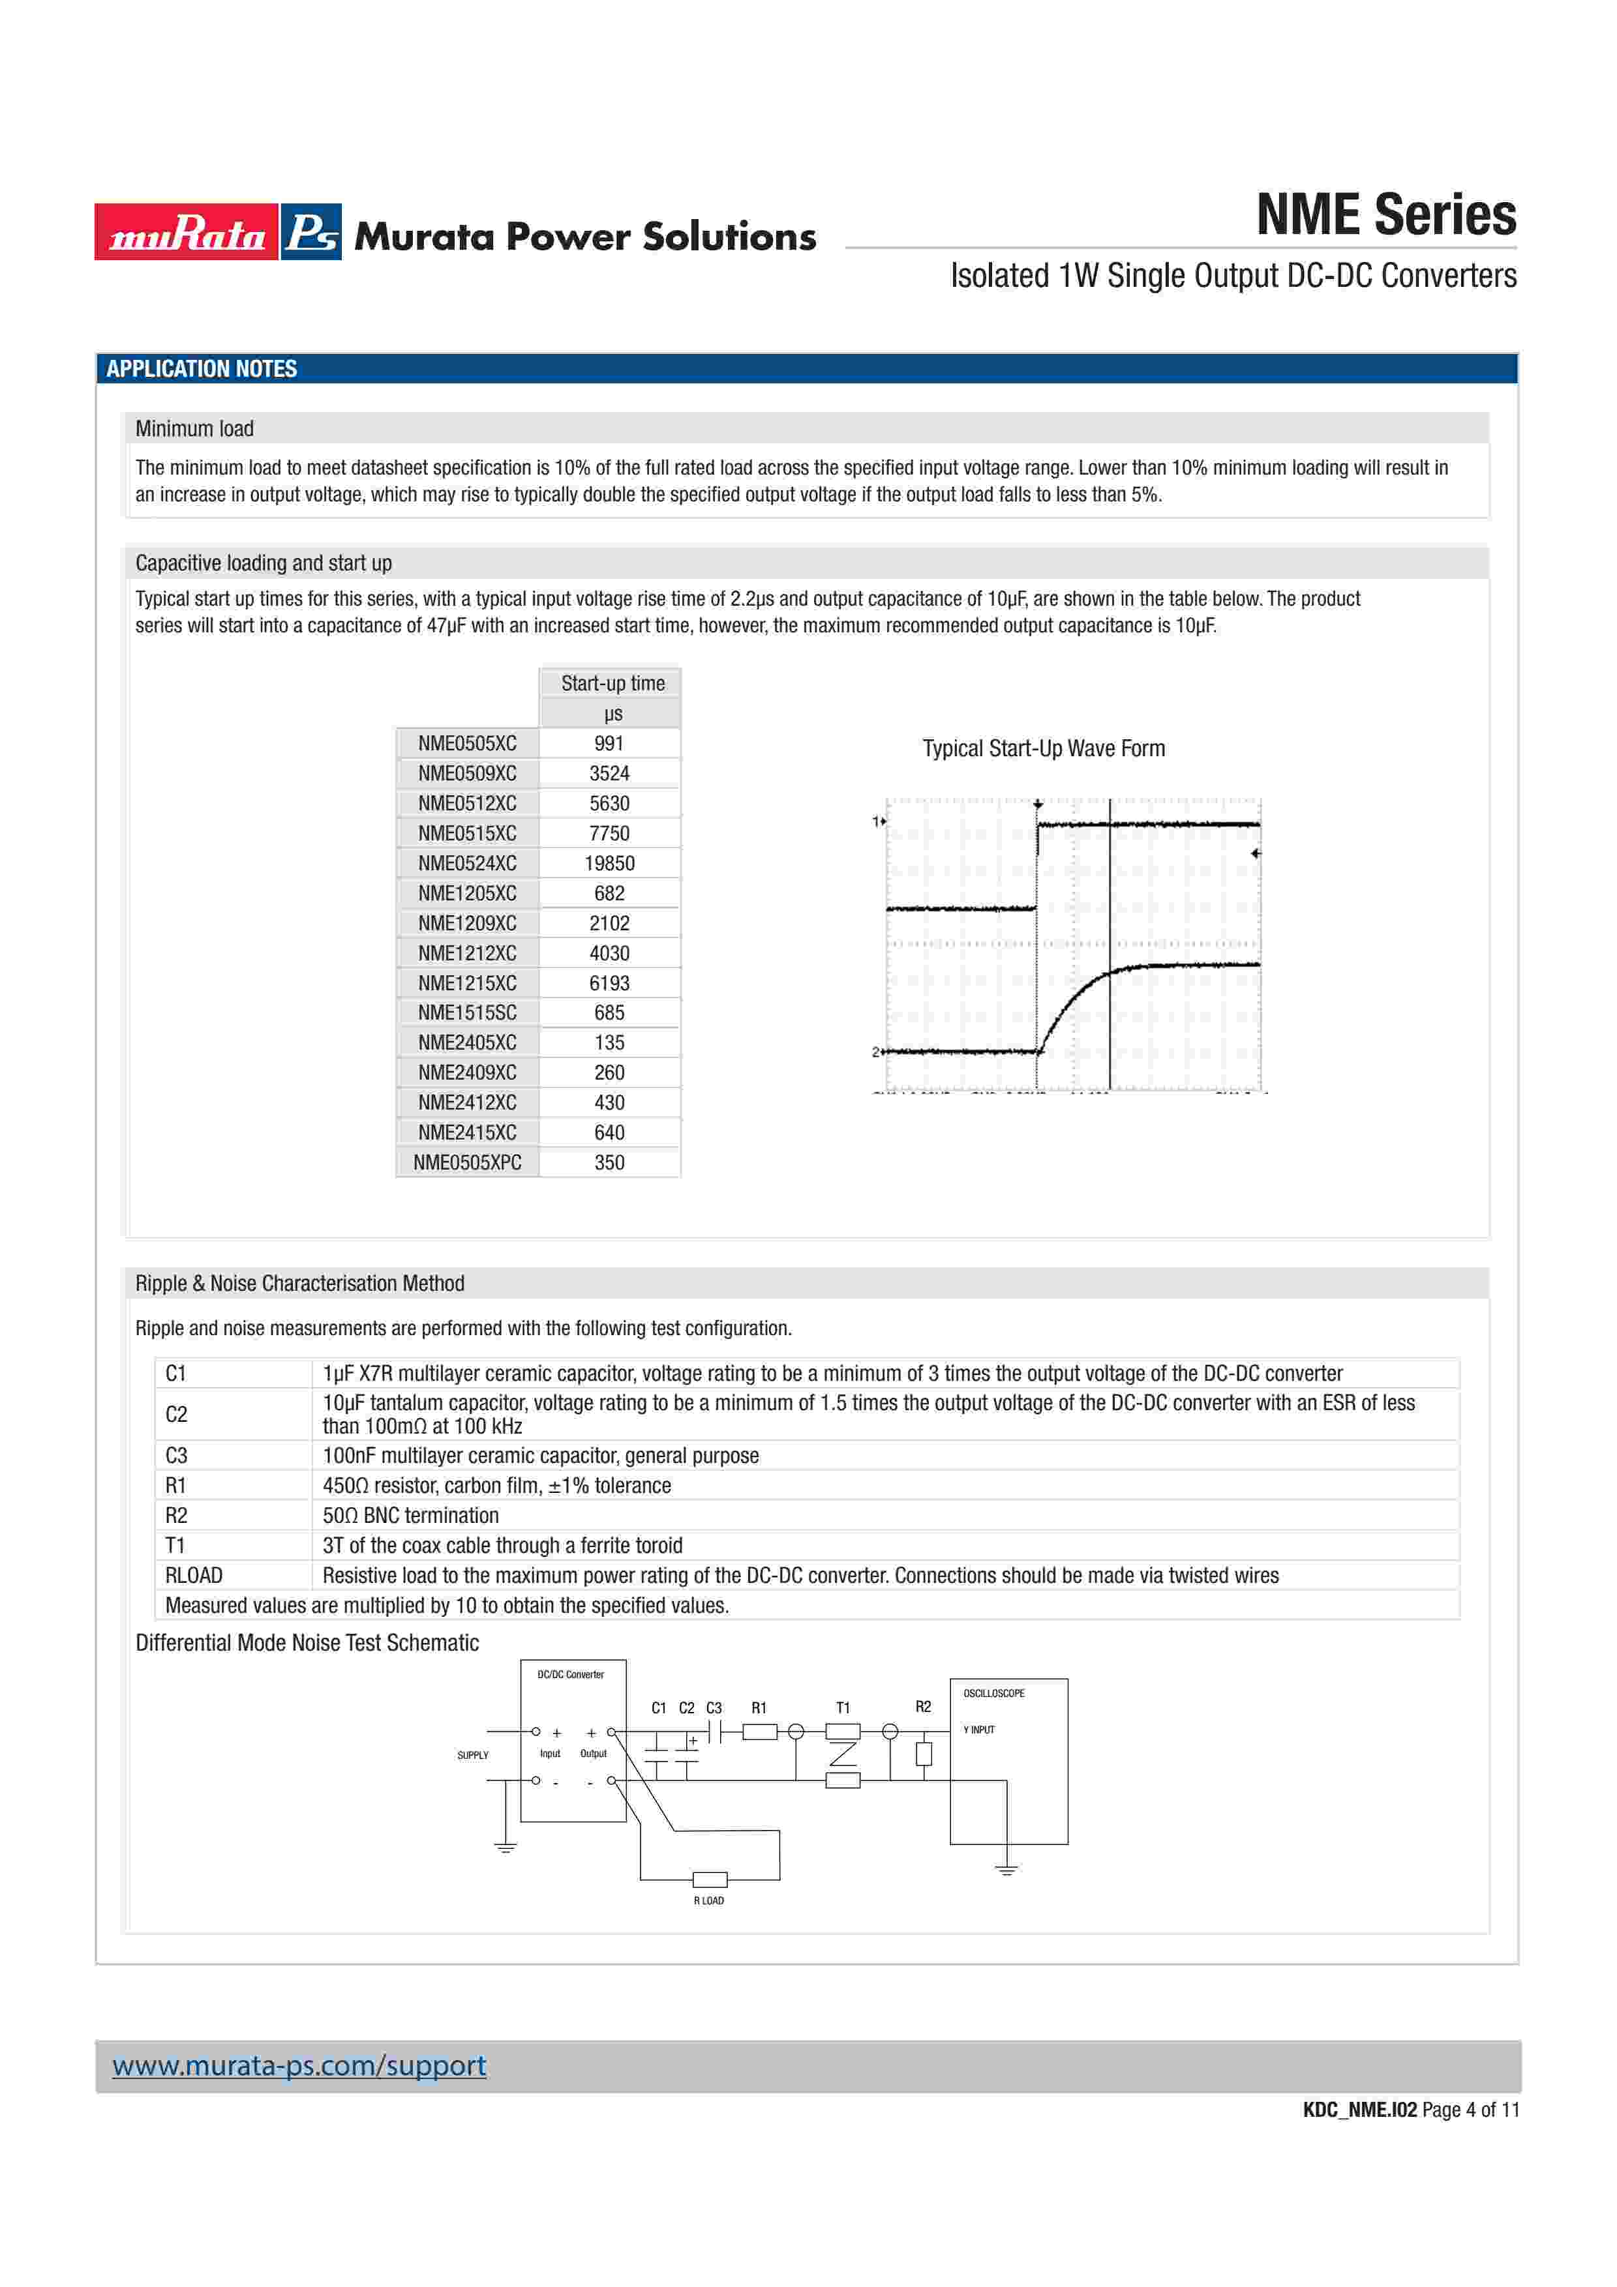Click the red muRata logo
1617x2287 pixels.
click(187, 232)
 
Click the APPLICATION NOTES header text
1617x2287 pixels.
click(202, 368)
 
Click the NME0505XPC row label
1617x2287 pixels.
click(467, 1162)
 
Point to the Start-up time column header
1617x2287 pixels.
click(612, 683)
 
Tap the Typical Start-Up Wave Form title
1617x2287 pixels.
click(1043, 748)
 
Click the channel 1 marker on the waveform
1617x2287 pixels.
click(879, 821)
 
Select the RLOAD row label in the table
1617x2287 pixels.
click(194, 1575)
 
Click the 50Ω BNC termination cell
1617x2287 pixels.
click(410, 1515)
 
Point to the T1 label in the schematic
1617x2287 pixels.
click(843, 1707)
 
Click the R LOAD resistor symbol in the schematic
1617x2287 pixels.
click(710, 1880)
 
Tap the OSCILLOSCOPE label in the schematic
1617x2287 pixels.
click(993, 1693)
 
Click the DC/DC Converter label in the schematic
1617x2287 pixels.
click(571, 1674)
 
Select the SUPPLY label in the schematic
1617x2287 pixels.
click(474, 1755)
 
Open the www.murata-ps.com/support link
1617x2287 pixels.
click(299, 2066)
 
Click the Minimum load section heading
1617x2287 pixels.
click(194, 428)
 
